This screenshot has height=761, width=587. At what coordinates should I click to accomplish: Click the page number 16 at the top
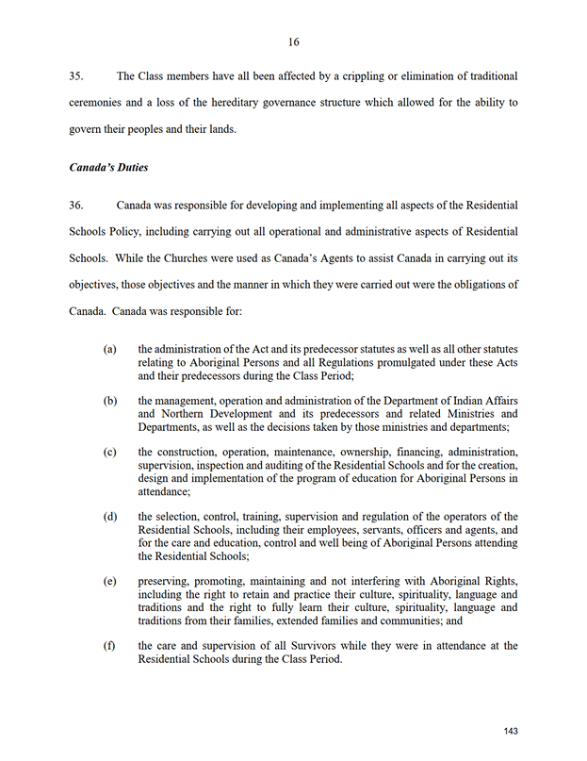point(294,41)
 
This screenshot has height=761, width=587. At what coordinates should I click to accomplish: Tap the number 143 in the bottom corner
point(511,731)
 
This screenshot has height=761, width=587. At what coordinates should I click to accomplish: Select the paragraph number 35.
point(78,75)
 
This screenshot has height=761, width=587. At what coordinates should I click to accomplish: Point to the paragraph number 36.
point(78,205)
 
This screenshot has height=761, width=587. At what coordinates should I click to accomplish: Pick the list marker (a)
point(110,349)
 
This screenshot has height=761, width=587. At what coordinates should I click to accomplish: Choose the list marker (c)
point(110,452)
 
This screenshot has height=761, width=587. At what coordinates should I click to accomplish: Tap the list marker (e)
point(110,582)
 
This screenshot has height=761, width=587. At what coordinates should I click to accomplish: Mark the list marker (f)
point(110,646)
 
